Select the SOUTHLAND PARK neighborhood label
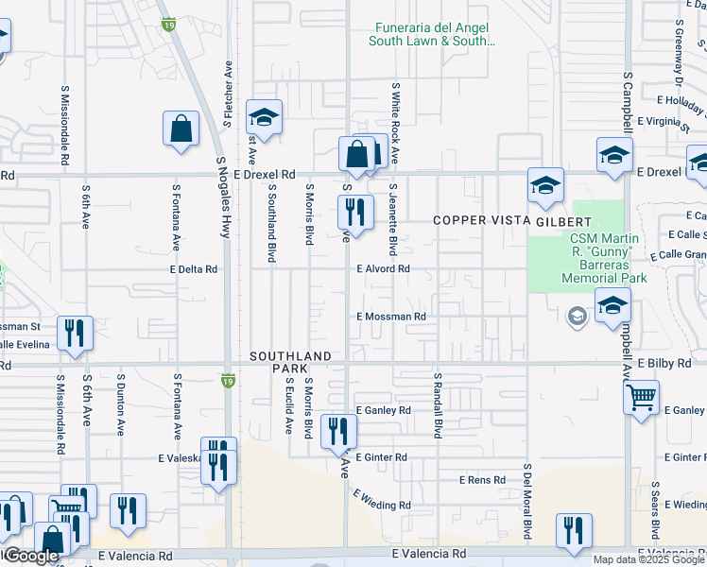[x=291, y=362]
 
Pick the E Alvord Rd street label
[x=383, y=269]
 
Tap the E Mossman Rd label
[x=391, y=317]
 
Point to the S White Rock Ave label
[x=396, y=123]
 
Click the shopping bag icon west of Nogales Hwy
[x=181, y=129]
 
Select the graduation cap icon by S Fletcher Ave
[x=264, y=117]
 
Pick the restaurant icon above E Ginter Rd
[x=338, y=431]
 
